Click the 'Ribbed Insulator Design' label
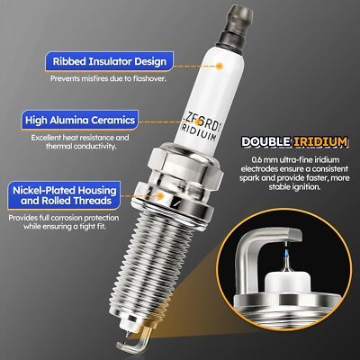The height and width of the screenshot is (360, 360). pos(109,61)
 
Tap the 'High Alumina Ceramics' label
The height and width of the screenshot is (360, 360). pos(80,120)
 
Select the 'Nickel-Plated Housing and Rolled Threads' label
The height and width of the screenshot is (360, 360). pos(64,195)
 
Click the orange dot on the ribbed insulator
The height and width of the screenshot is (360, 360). pos(220,66)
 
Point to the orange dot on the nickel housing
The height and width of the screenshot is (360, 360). pos(160,196)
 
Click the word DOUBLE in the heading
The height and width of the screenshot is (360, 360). pos(265,141)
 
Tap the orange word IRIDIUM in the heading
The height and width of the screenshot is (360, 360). pos(320,141)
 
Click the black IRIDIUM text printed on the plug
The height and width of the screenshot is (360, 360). pos(198,133)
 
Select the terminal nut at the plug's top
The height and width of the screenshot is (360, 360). pos(235,29)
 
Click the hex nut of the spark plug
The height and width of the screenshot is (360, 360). pos(186,165)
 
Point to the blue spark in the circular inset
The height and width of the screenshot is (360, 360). pos(287,255)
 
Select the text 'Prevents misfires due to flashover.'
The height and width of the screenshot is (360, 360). pos(108,78)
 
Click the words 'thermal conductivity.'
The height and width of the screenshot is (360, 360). pos(80,147)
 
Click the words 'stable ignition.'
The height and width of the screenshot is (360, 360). pos(294,187)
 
